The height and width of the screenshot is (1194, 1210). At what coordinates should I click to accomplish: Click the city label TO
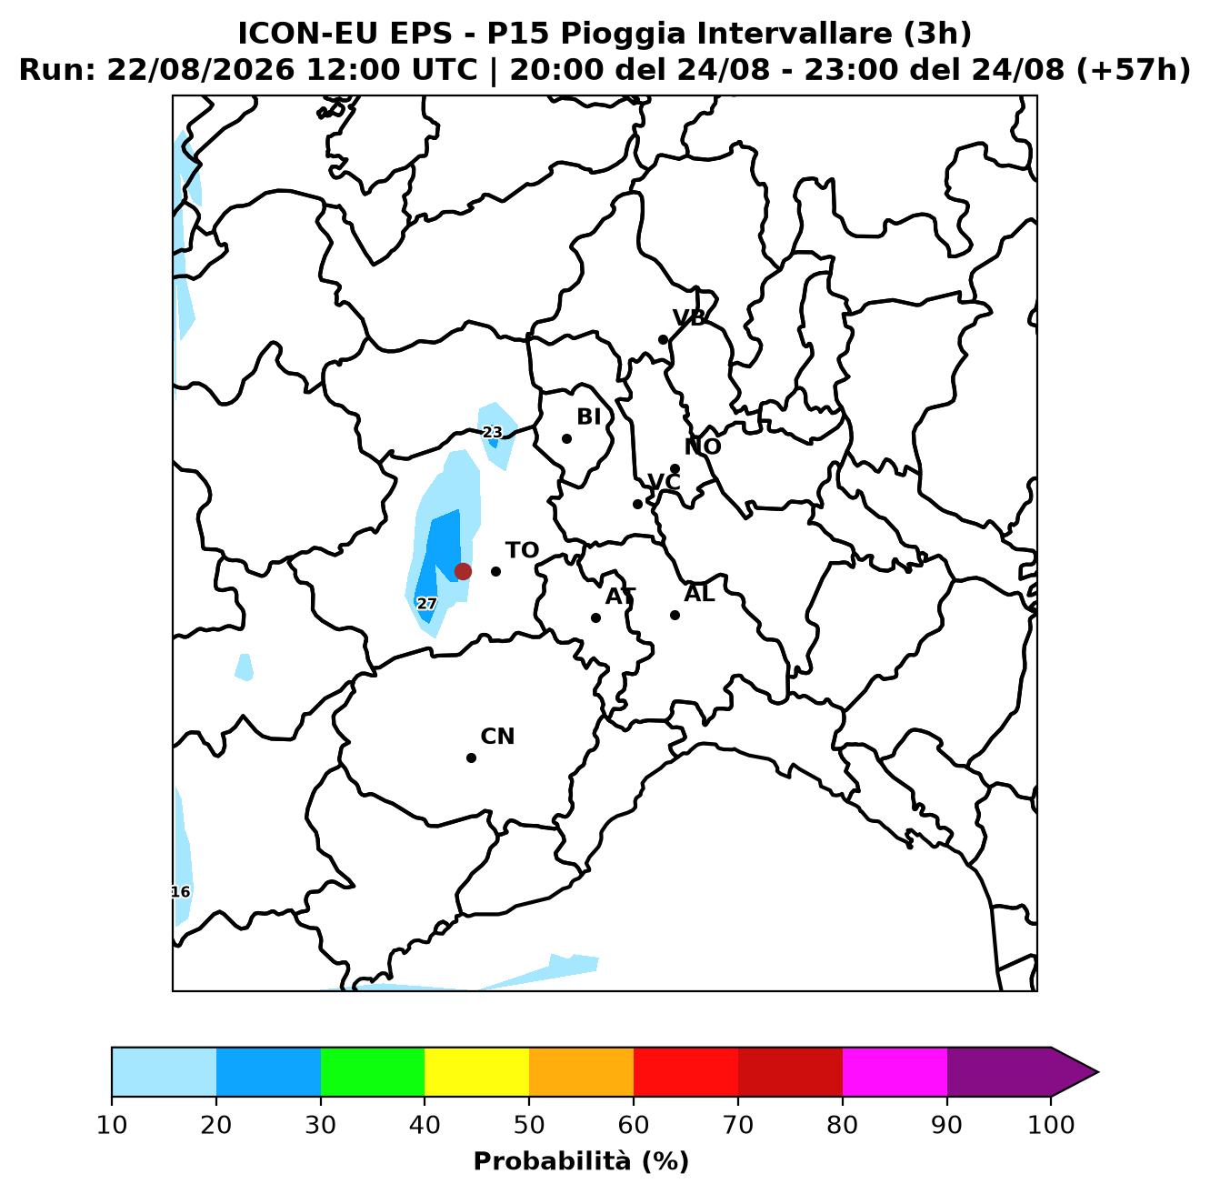click(x=523, y=550)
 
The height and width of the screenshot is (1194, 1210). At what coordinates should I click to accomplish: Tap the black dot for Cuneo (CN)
click(x=471, y=758)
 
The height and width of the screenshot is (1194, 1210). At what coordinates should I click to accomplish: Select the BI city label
click(x=589, y=416)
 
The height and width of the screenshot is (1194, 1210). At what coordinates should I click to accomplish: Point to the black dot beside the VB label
click(x=663, y=340)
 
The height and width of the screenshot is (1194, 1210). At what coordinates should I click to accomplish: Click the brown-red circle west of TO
click(x=463, y=571)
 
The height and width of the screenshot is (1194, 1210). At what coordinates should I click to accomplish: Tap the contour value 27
click(x=427, y=604)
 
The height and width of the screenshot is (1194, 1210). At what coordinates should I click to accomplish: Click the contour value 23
click(x=493, y=432)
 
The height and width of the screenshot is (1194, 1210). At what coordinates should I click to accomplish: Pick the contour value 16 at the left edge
click(x=181, y=892)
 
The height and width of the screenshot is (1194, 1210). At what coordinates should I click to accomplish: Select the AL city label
click(x=699, y=594)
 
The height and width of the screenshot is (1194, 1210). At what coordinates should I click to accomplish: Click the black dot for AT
click(x=595, y=617)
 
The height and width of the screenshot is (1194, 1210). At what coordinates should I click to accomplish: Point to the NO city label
click(x=703, y=446)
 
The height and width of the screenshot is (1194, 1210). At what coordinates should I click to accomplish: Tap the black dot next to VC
click(x=637, y=504)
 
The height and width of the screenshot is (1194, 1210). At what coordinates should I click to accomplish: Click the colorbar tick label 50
click(x=529, y=1125)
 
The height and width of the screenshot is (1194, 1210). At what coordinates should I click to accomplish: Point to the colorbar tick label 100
click(x=1051, y=1125)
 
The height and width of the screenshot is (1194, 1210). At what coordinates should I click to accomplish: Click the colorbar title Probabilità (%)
click(x=581, y=1161)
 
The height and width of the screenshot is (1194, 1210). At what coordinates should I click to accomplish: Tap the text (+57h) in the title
click(x=1134, y=70)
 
